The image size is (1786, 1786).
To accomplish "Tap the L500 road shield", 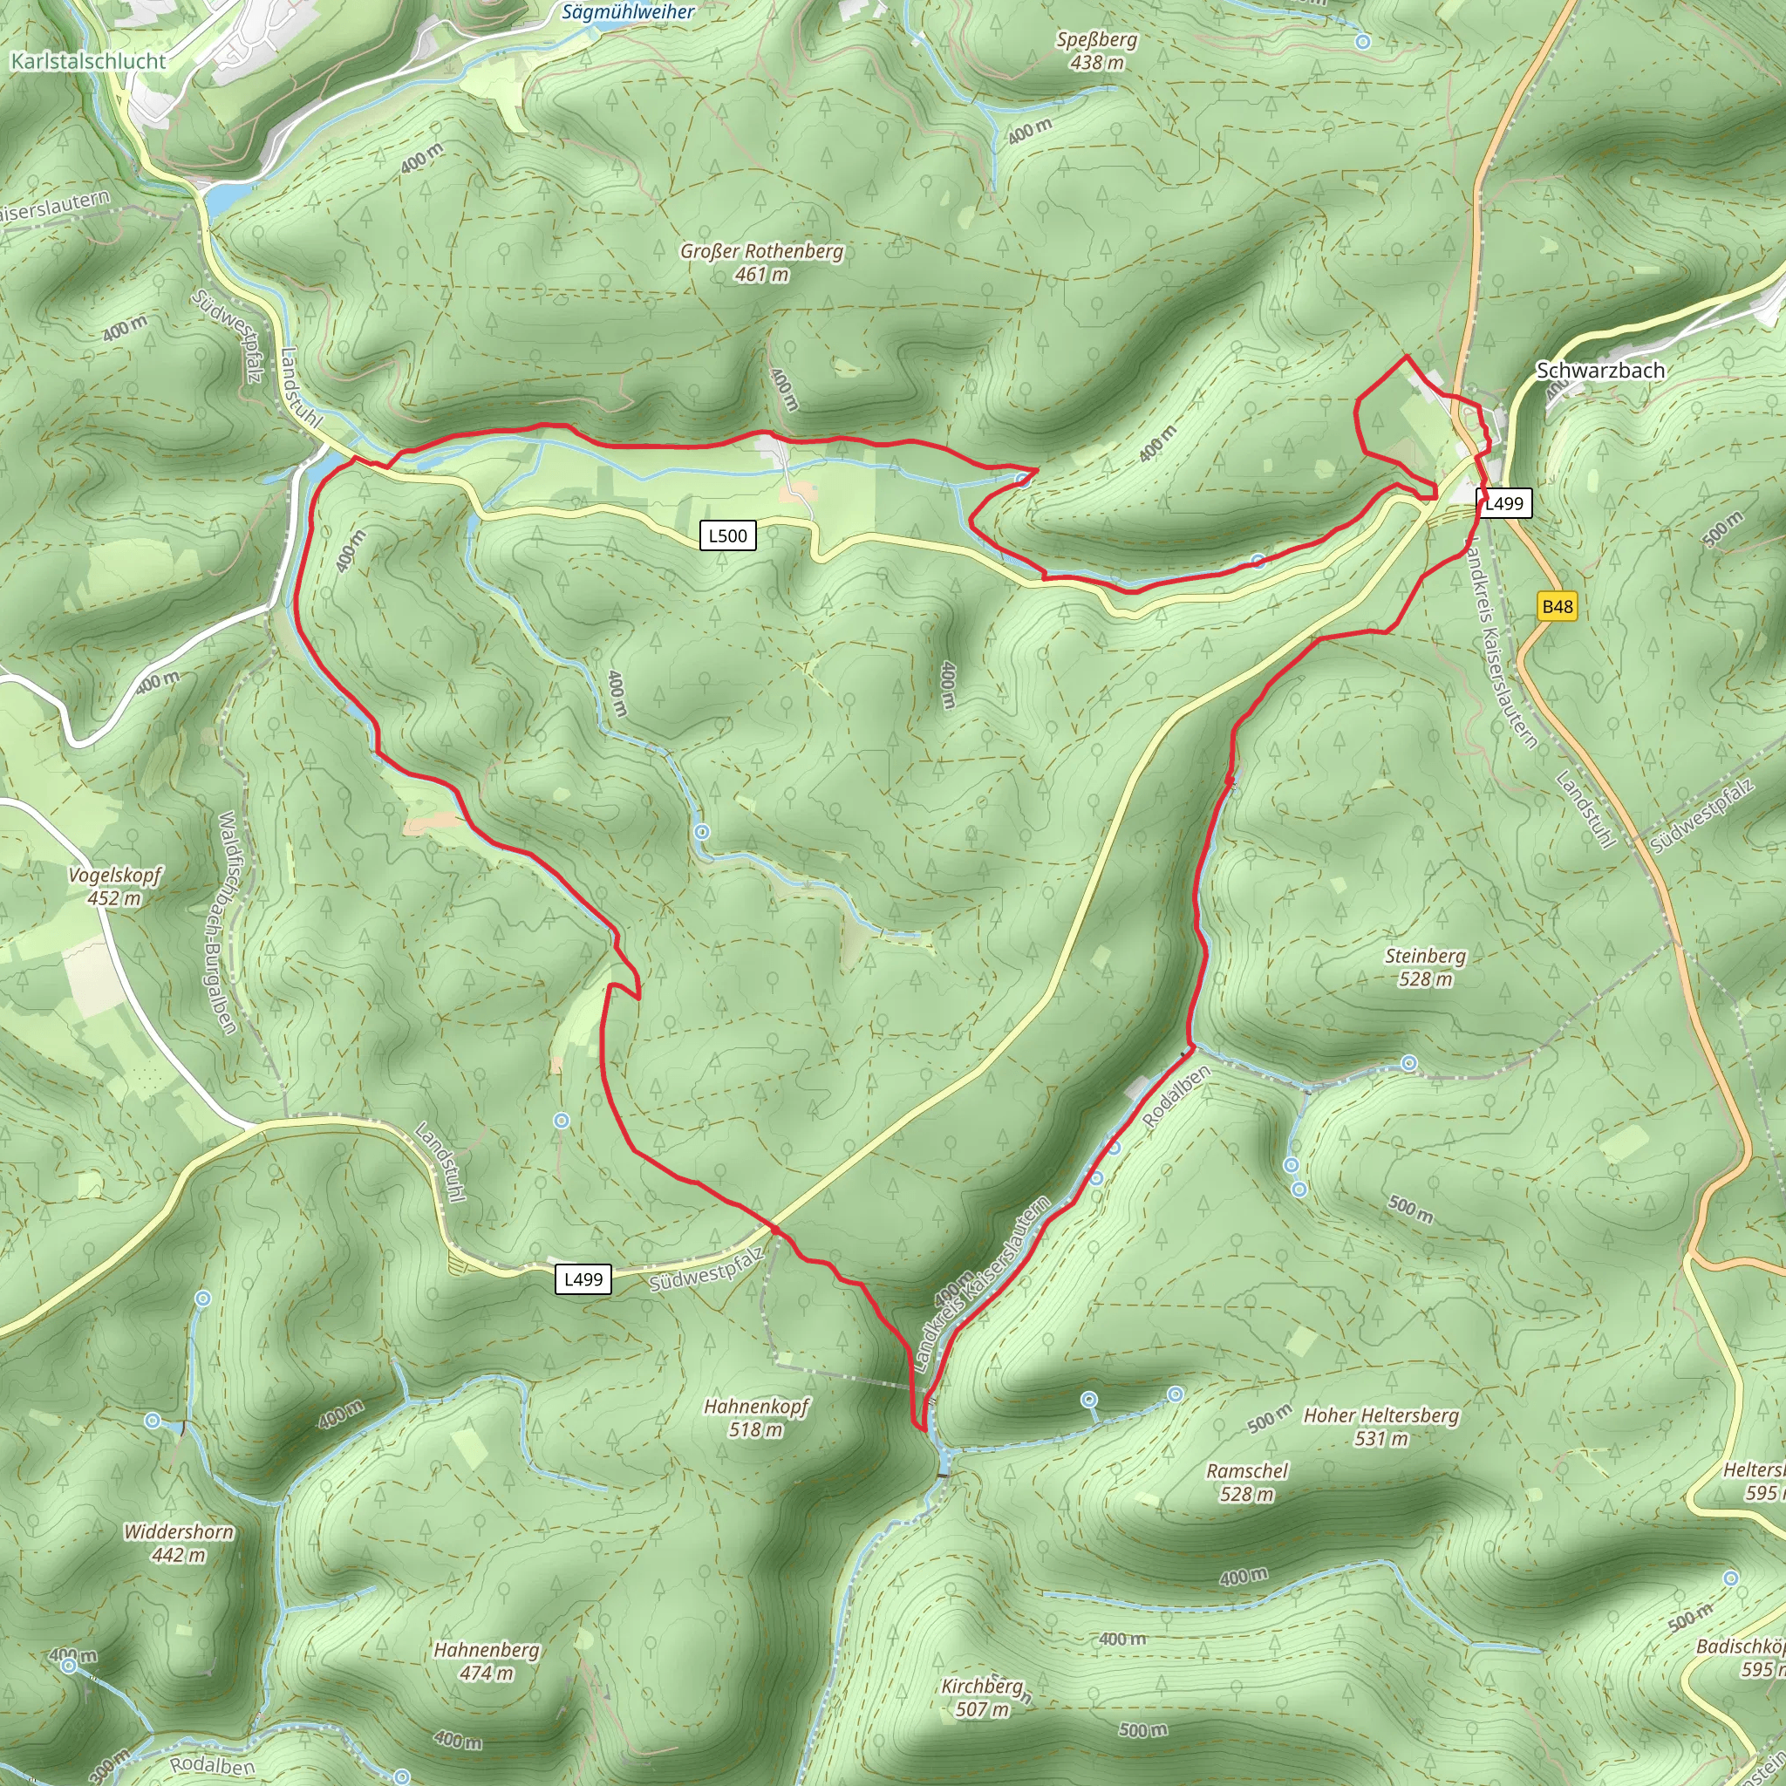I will [727, 535].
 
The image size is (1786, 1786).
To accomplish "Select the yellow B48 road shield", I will [1557, 606].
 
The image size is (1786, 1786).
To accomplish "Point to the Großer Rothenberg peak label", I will [761, 262].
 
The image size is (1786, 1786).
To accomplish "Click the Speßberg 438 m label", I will [1096, 51].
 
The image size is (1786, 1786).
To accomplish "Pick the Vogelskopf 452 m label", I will [114, 886].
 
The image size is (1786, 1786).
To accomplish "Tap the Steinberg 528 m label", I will [1425, 967].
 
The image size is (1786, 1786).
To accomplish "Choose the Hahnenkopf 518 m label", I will [756, 1417].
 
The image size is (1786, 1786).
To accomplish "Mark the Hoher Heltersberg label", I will [1381, 1427].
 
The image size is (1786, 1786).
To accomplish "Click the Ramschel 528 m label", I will [1246, 1482].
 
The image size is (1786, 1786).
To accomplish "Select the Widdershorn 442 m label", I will [179, 1543].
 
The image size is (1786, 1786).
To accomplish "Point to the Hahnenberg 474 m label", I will [487, 1661].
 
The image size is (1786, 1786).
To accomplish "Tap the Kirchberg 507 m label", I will [982, 1697].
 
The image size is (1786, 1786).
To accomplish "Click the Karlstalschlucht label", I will [88, 61].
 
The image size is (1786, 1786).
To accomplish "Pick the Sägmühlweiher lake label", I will [628, 12].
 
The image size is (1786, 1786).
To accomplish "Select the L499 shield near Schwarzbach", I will [1503, 503].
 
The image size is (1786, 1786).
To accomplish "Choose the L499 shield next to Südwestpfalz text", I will [583, 1278].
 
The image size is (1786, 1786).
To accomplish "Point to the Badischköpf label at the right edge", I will [1740, 1657].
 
